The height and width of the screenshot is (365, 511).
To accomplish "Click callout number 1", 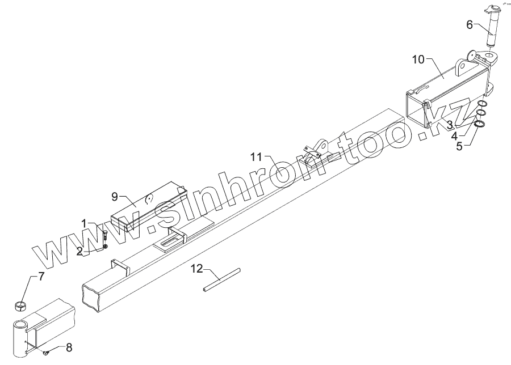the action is [84, 224].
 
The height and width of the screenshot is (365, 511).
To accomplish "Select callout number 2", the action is [79, 249].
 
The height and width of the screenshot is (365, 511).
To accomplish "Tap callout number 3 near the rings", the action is [449, 124].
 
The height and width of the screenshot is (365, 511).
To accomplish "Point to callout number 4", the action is [454, 135].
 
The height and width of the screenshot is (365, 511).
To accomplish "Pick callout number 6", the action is [470, 24].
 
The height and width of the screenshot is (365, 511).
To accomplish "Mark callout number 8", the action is [69, 347].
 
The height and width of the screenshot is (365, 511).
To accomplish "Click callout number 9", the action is [115, 196].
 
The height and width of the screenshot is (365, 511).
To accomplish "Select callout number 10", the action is [418, 59].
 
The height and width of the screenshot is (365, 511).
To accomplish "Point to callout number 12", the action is [196, 269].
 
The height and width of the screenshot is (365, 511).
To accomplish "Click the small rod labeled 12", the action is [221, 280].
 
